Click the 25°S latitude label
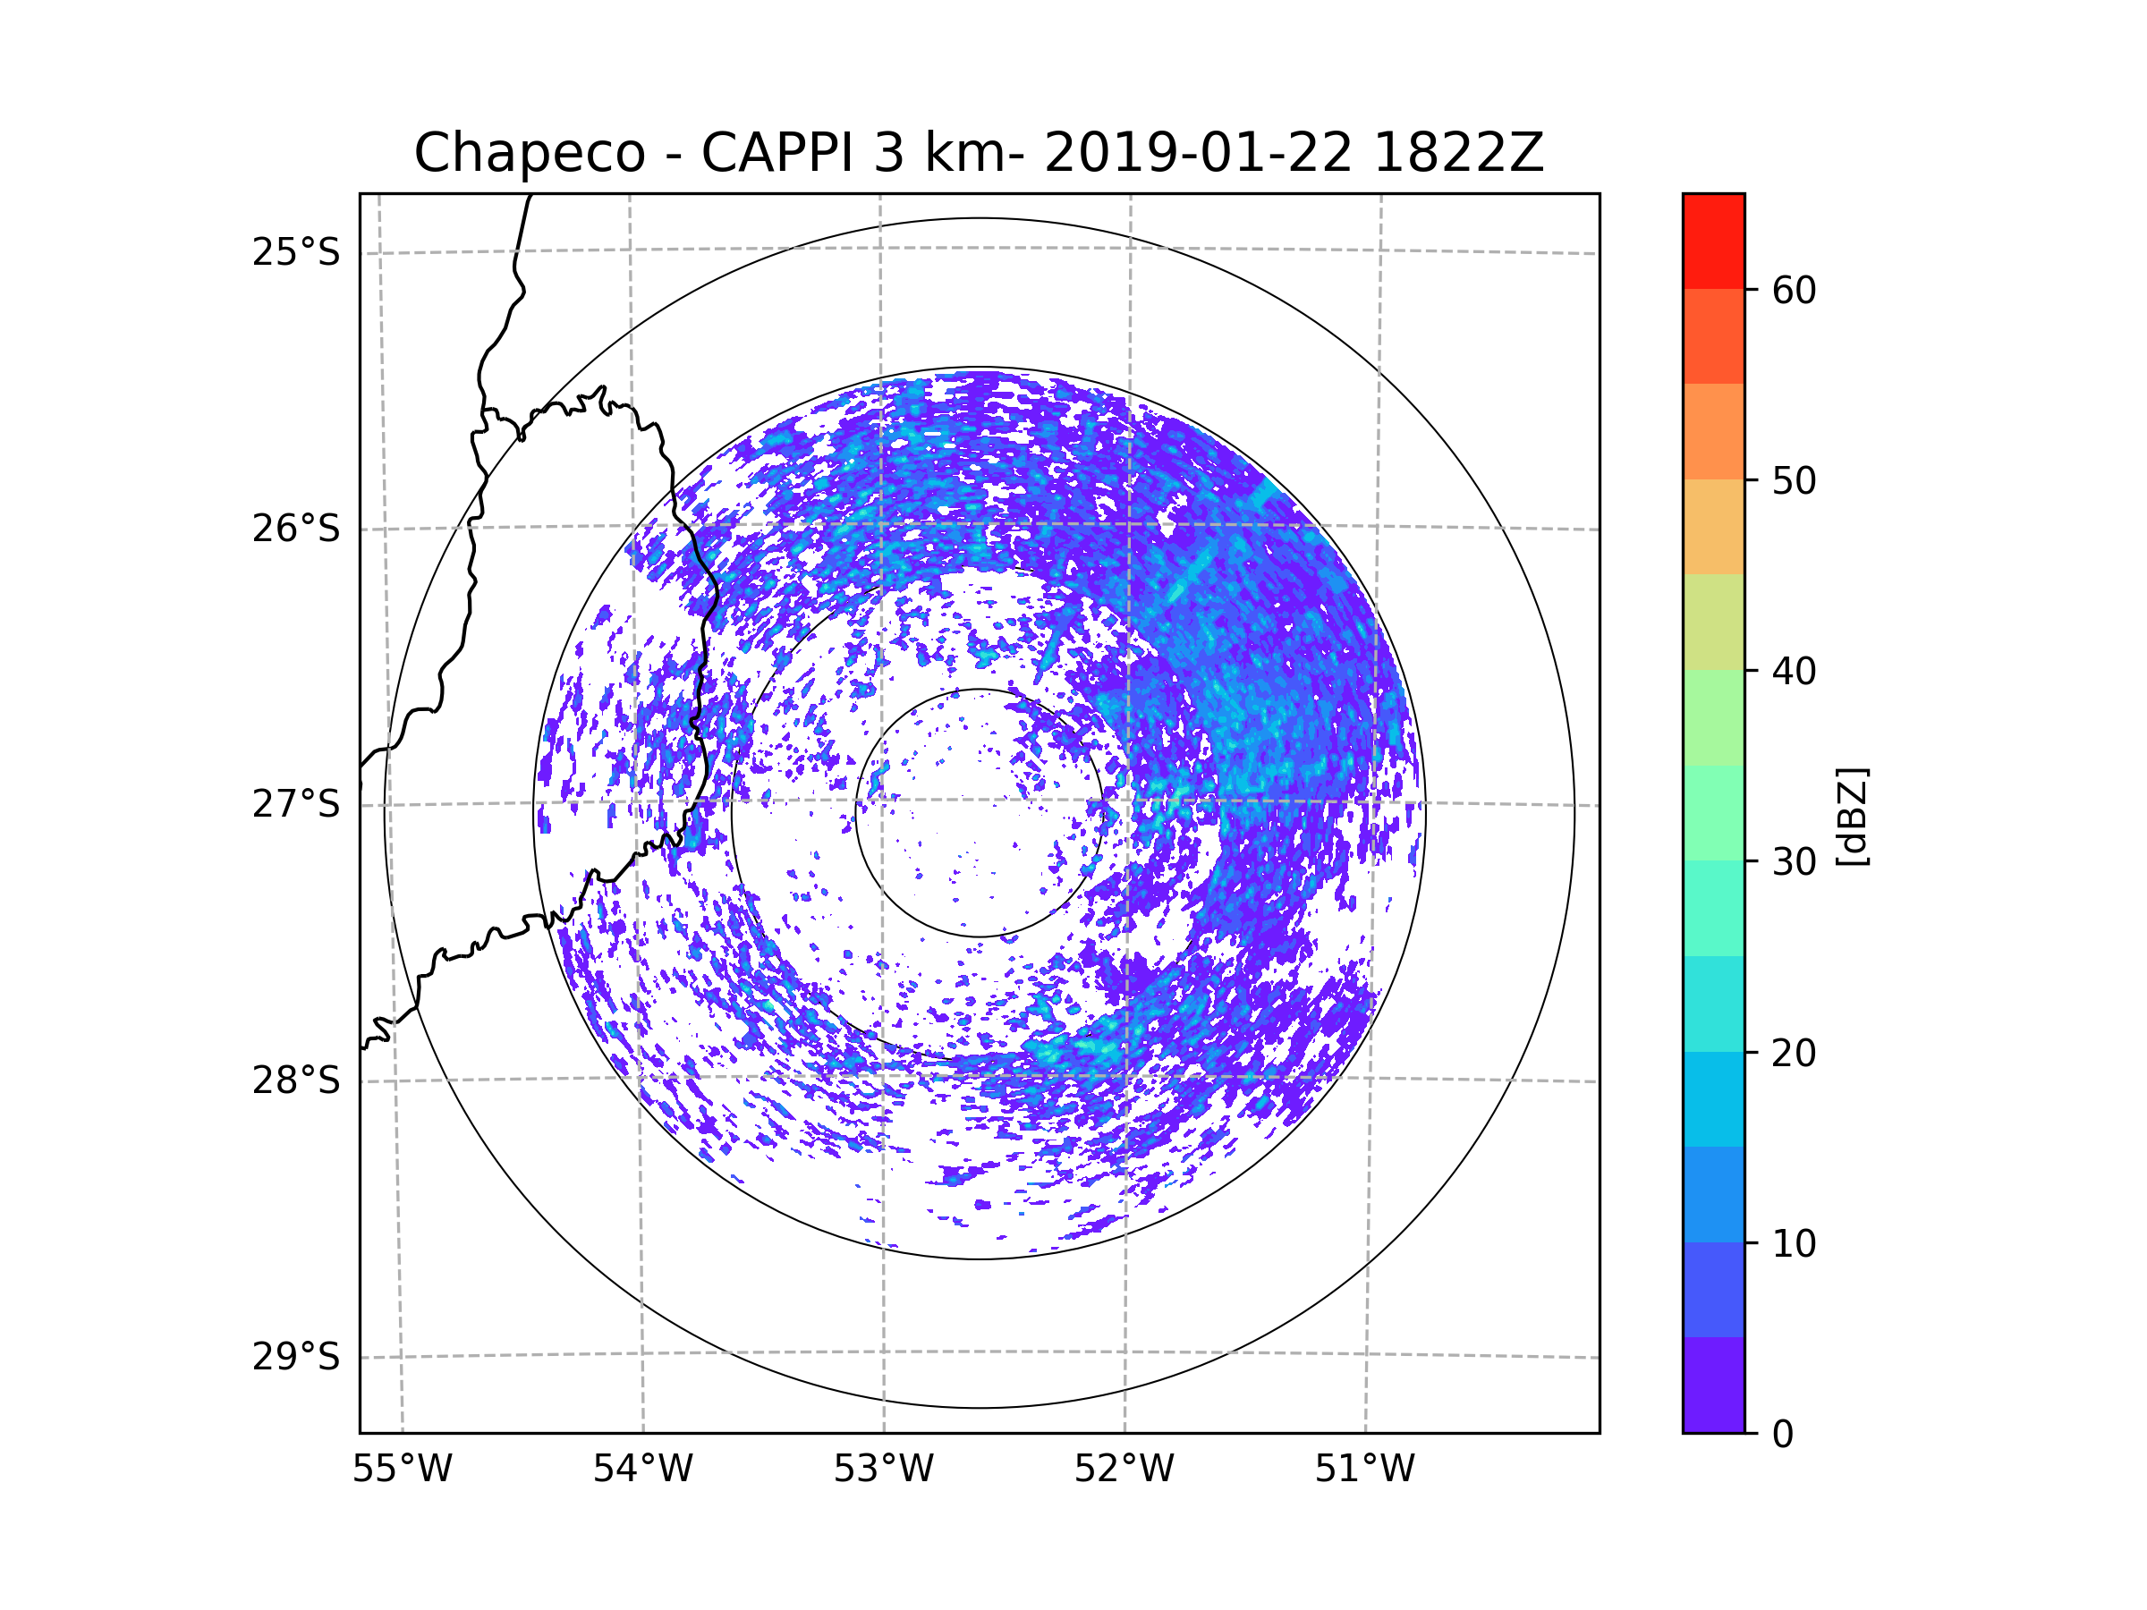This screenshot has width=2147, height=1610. [296, 252]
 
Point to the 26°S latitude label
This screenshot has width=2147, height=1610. [296, 529]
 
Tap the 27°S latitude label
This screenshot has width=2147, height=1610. [296, 804]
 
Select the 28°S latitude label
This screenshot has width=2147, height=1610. [296, 1080]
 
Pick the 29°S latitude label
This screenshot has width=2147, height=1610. [296, 1357]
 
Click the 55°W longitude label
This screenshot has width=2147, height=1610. [402, 1470]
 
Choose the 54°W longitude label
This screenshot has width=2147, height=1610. [642, 1470]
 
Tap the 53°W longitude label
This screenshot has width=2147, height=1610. [883, 1470]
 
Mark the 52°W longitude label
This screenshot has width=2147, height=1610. [1124, 1470]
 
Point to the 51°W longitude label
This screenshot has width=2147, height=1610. [1364, 1470]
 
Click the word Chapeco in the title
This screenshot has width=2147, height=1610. [529, 153]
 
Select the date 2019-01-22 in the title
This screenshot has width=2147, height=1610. [1197, 153]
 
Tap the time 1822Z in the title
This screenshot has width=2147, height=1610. [1458, 153]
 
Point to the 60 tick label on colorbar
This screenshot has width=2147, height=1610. [1794, 290]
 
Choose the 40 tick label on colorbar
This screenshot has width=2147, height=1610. [1794, 672]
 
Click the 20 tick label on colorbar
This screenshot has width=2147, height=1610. [1794, 1053]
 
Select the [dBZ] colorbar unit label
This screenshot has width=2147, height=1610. [1851, 816]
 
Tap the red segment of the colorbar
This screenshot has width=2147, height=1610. [1713, 241]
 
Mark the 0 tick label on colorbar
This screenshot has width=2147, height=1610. [1783, 1435]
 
